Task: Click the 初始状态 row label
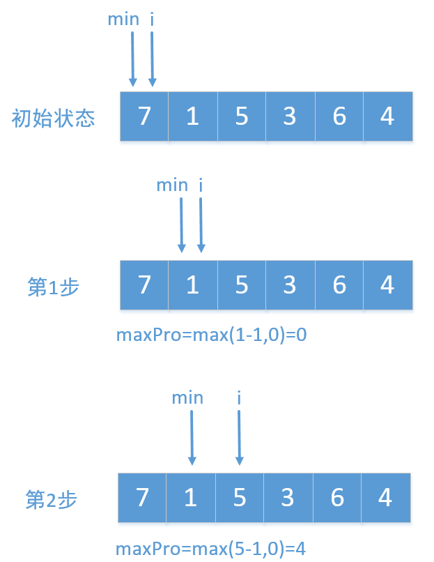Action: coord(54,118)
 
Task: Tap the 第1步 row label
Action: coord(54,287)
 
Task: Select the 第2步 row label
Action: coord(52,499)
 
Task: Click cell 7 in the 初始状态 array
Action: coord(144,116)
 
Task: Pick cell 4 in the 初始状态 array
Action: coord(387,116)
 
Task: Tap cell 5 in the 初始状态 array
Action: coord(242,116)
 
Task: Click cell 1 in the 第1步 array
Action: coord(192,285)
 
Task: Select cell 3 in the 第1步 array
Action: coord(290,285)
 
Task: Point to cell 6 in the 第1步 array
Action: coord(339,285)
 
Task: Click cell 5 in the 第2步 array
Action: coord(240,498)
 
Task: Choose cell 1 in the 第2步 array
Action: coord(191,498)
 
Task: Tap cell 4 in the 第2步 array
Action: coord(385,498)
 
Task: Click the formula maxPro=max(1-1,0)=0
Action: coord(212,335)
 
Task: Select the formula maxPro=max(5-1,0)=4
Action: coord(210,548)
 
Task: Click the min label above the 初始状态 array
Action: coord(123,19)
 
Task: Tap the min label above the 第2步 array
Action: coord(187,397)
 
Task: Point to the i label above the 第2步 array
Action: coord(239,397)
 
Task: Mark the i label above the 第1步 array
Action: coord(201,185)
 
